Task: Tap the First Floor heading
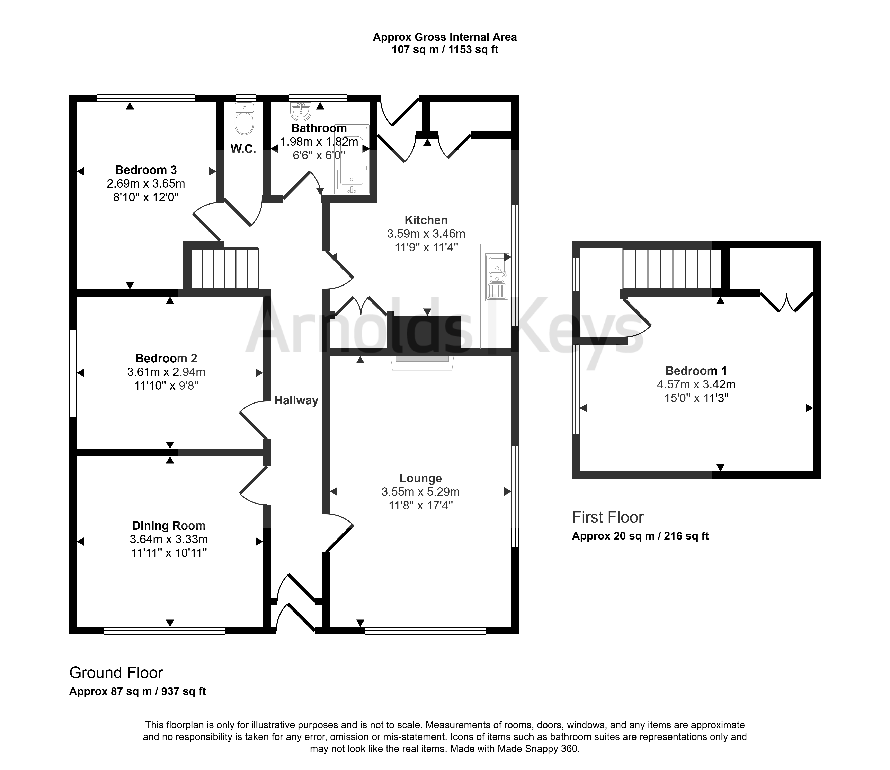tap(608, 517)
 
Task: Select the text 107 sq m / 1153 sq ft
tap(445, 50)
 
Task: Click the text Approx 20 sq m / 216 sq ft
tap(640, 536)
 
